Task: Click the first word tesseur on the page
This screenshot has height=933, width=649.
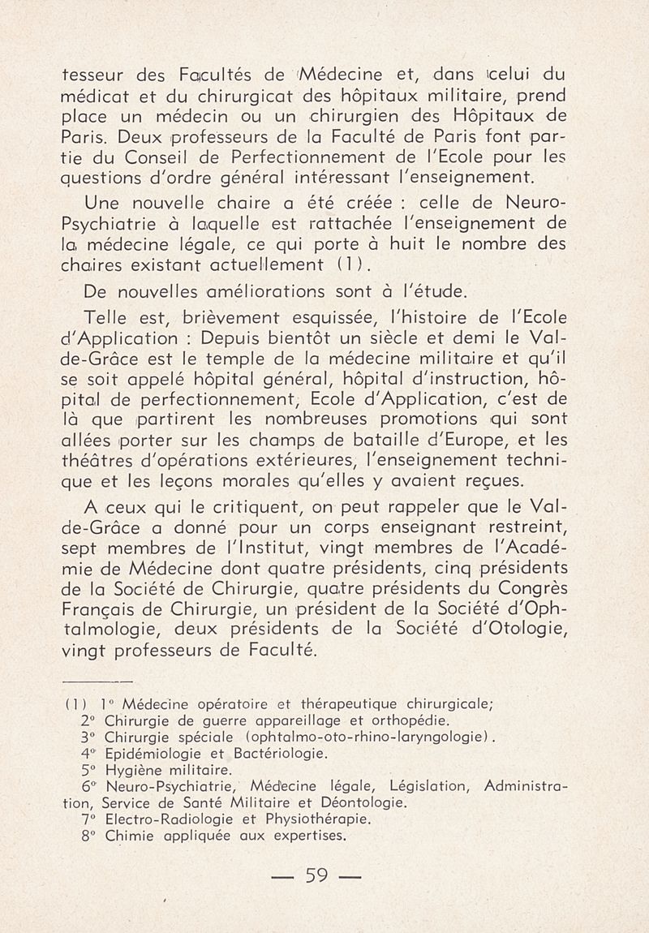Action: pyautogui.click(x=95, y=79)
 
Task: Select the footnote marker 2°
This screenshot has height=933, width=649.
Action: pyautogui.click(x=88, y=720)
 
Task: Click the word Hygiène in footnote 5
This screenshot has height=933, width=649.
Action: pyautogui.click(x=129, y=770)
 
